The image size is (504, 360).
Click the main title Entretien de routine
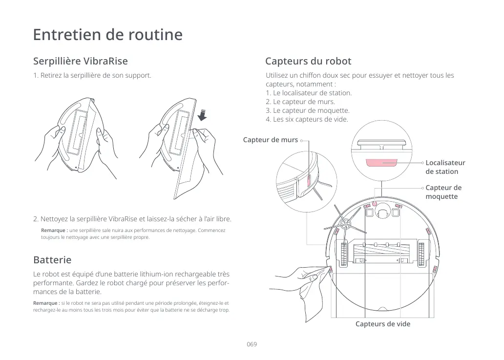(x=107, y=35)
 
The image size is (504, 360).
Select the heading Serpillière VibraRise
(x=80, y=61)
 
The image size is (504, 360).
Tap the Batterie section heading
(x=52, y=259)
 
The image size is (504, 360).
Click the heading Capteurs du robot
(x=308, y=61)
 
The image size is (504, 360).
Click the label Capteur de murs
(x=271, y=140)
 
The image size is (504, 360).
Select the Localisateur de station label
(x=445, y=167)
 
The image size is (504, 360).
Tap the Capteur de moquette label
(x=443, y=192)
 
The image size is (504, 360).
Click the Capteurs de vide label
(x=382, y=324)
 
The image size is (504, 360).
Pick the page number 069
(x=252, y=344)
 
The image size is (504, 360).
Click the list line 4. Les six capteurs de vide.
(x=307, y=119)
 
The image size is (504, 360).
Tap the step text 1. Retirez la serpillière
(x=92, y=76)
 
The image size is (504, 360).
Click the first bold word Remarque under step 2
(x=54, y=230)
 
